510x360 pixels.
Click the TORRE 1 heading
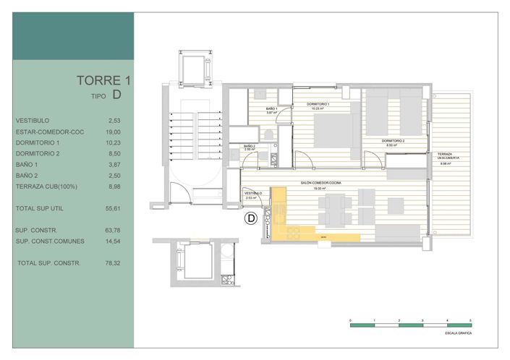104,80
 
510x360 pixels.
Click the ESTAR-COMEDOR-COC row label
50,133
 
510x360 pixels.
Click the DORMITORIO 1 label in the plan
318,106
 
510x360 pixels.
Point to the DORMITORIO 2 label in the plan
393,140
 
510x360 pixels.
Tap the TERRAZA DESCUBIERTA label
445,156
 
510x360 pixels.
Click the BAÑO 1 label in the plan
272,108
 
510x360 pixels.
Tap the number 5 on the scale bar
471,319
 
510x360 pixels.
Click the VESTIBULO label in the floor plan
252,194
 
